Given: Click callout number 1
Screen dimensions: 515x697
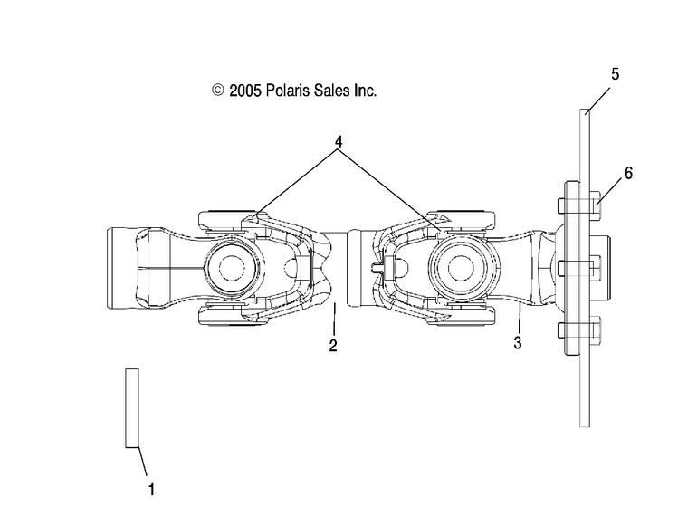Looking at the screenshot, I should [151, 490].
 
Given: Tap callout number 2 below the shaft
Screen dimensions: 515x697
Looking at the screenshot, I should [333, 346].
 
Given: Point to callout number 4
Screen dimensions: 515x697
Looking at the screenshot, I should [339, 142].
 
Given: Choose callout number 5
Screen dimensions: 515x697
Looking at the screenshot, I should [615, 74].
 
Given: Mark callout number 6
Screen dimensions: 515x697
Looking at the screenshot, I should [628, 173].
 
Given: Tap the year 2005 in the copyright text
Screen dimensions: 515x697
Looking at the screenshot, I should [245, 91].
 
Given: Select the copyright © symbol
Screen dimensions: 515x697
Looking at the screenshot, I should [217, 91].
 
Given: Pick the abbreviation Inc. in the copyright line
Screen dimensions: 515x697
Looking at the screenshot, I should [365, 91].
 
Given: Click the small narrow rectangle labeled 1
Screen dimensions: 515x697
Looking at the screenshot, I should [132, 407].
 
